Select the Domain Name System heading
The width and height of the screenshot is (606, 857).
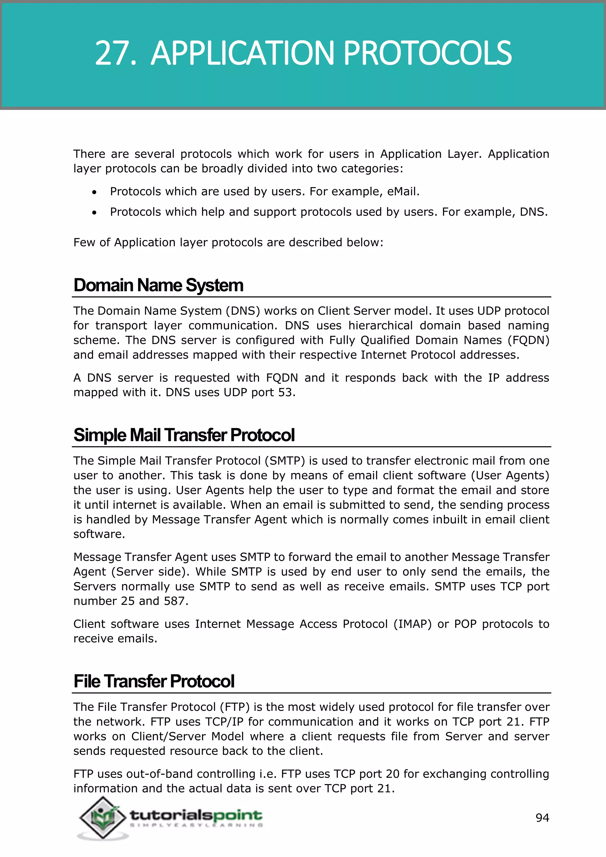point(158,285)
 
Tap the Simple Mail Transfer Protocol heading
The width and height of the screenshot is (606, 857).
point(184,435)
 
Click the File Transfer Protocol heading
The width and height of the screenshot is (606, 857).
point(154,681)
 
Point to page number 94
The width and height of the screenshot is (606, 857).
point(542,818)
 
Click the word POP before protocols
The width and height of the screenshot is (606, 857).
point(465,624)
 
